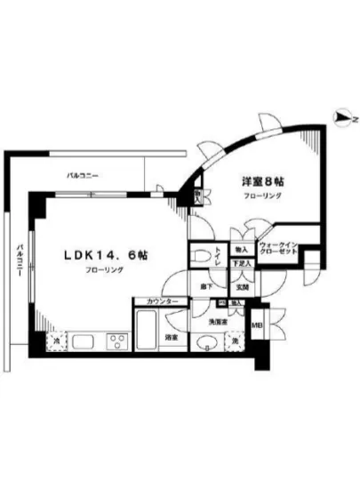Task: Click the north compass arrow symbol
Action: [341, 116]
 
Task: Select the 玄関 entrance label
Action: [241, 287]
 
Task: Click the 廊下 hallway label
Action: [204, 287]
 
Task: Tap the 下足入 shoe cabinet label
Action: [240, 264]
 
